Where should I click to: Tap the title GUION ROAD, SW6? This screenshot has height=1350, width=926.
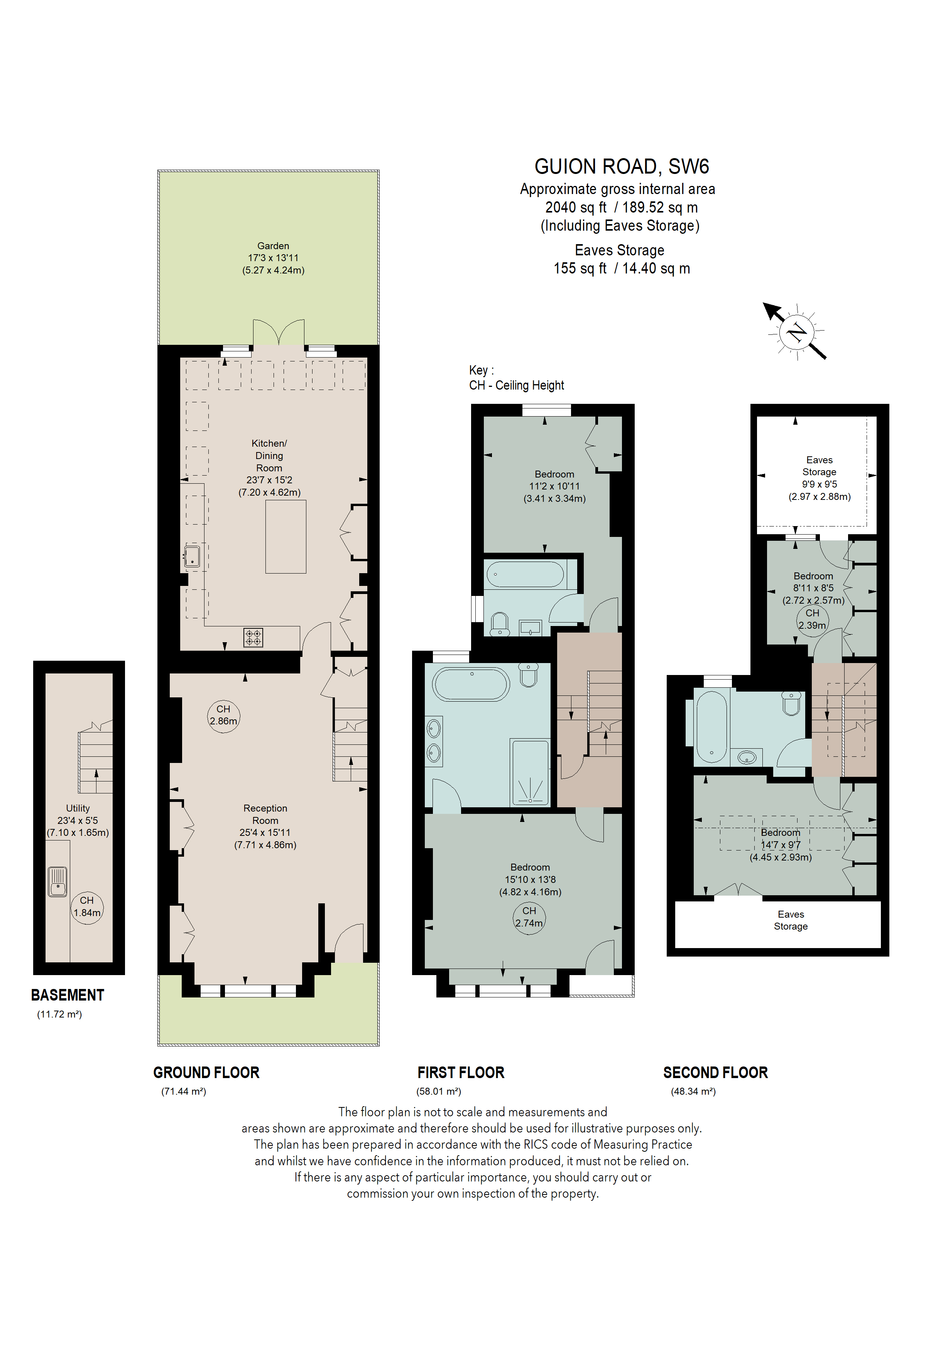pos(621,167)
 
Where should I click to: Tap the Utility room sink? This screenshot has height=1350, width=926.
pos(57,881)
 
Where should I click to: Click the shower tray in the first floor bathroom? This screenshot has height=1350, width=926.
pos(530,772)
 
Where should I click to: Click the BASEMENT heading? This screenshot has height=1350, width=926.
pos(68,995)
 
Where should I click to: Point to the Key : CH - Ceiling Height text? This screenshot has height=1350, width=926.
pos(516,378)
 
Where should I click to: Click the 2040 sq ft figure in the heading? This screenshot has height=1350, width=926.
pos(575,208)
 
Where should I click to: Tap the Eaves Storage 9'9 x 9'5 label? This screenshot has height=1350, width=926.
pos(819,478)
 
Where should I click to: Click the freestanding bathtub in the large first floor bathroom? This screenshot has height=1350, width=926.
pos(471,684)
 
